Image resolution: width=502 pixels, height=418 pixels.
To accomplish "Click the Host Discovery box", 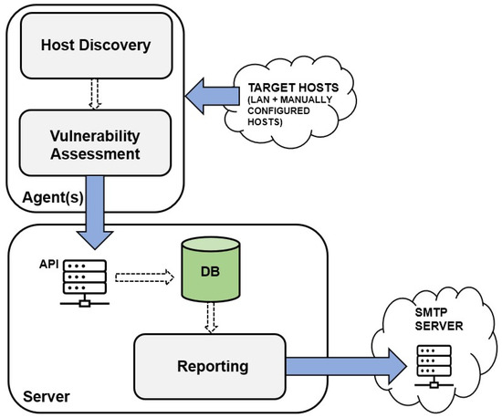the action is coord(97,46).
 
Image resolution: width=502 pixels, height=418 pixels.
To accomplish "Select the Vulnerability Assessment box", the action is coord(95,143).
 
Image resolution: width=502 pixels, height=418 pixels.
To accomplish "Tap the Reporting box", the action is coord(210,367).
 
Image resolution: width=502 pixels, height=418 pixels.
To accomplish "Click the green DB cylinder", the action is coord(211,270).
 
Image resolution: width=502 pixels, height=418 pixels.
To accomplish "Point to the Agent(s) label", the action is coord(53,197).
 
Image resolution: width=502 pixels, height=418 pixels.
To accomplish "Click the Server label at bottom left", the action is coord(47,397).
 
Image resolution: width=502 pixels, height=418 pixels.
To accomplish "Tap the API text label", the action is coord(48,265).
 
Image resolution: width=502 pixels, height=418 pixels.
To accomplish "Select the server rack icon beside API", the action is coord(85,283).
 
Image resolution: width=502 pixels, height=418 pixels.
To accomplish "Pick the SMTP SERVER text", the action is coord(439,319).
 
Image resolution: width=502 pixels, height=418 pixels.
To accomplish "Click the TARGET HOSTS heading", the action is coord(293,88).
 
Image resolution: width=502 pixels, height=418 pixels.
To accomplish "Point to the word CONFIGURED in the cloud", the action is coord(278,110).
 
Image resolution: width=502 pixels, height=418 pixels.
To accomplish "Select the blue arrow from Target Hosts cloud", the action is coord(213,96).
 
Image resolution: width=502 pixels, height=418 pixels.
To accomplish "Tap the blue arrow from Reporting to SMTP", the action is coord(346,367).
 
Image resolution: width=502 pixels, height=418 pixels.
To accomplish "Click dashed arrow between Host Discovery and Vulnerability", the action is coord(95,94).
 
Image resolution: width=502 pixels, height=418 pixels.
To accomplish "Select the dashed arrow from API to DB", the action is coord(144,277).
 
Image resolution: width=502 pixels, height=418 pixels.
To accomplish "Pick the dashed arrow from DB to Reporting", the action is coord(211,318).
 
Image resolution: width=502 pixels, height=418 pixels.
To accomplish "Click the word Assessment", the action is coord(95,154).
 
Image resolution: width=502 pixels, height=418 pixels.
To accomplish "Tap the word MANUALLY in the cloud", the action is coord(307,99).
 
